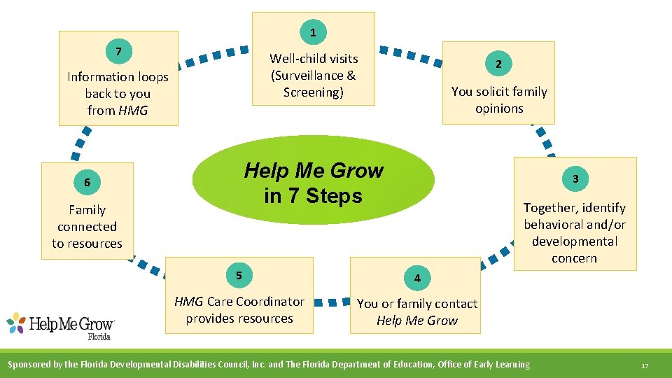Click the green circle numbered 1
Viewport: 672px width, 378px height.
[313, 32]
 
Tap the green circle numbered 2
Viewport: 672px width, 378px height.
[498, 64]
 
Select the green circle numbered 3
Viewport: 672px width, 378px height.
[575, 179]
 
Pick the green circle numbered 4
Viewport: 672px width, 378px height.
[417, 278]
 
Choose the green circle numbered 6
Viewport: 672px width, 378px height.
[87, 183]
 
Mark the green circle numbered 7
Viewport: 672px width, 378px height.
[118, 51]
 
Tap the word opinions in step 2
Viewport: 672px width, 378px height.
[499, 108]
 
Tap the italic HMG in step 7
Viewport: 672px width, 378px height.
[133, 111]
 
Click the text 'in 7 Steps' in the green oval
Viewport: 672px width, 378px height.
[313, 195]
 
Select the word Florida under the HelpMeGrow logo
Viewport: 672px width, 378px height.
[99, 336]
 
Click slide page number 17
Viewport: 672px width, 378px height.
[644, 365]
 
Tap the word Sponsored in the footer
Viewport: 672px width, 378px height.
[33, 364]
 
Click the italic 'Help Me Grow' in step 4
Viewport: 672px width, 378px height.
[417, 321]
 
